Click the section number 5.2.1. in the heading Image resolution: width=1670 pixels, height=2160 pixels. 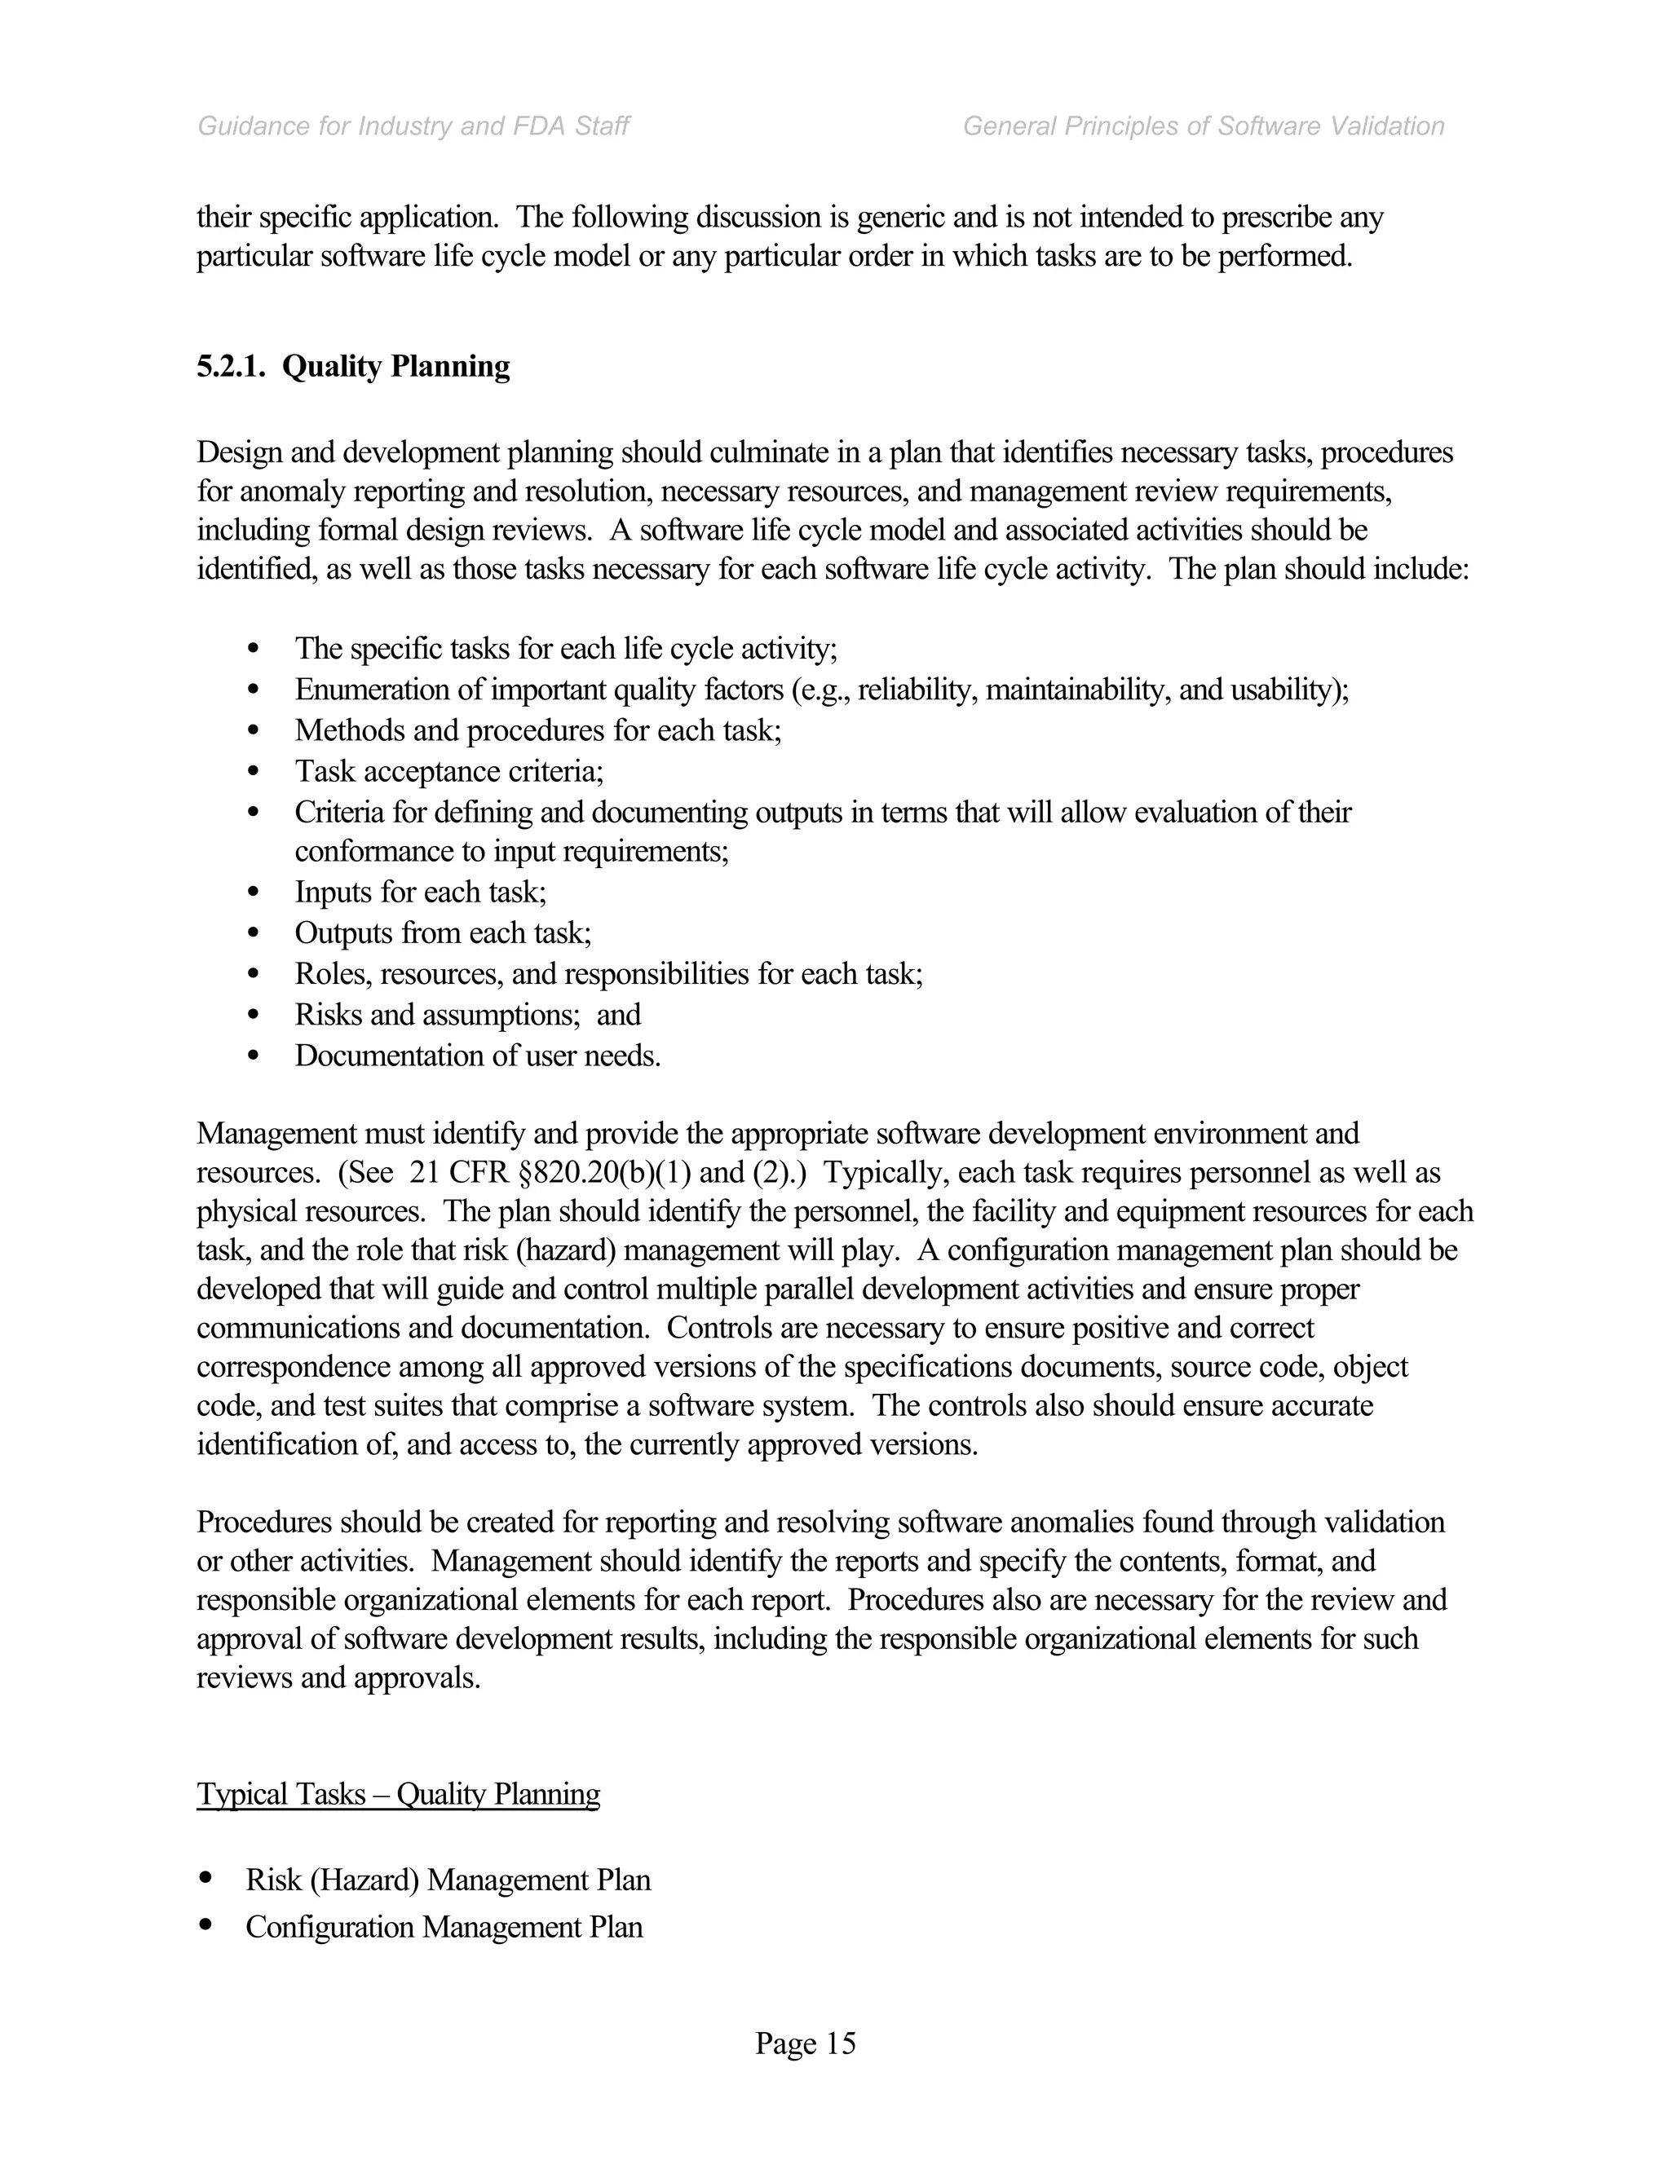[232, 367]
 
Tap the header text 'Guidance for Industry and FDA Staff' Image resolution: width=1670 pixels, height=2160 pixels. [413, 126]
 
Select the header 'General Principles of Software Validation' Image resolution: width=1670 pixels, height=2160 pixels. [1203, 126]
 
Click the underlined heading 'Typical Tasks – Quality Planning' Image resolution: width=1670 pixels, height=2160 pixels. [398, 1794]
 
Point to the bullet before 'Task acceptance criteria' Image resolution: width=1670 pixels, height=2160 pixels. [254, 771]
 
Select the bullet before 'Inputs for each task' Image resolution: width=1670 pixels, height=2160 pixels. [254, 893]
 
